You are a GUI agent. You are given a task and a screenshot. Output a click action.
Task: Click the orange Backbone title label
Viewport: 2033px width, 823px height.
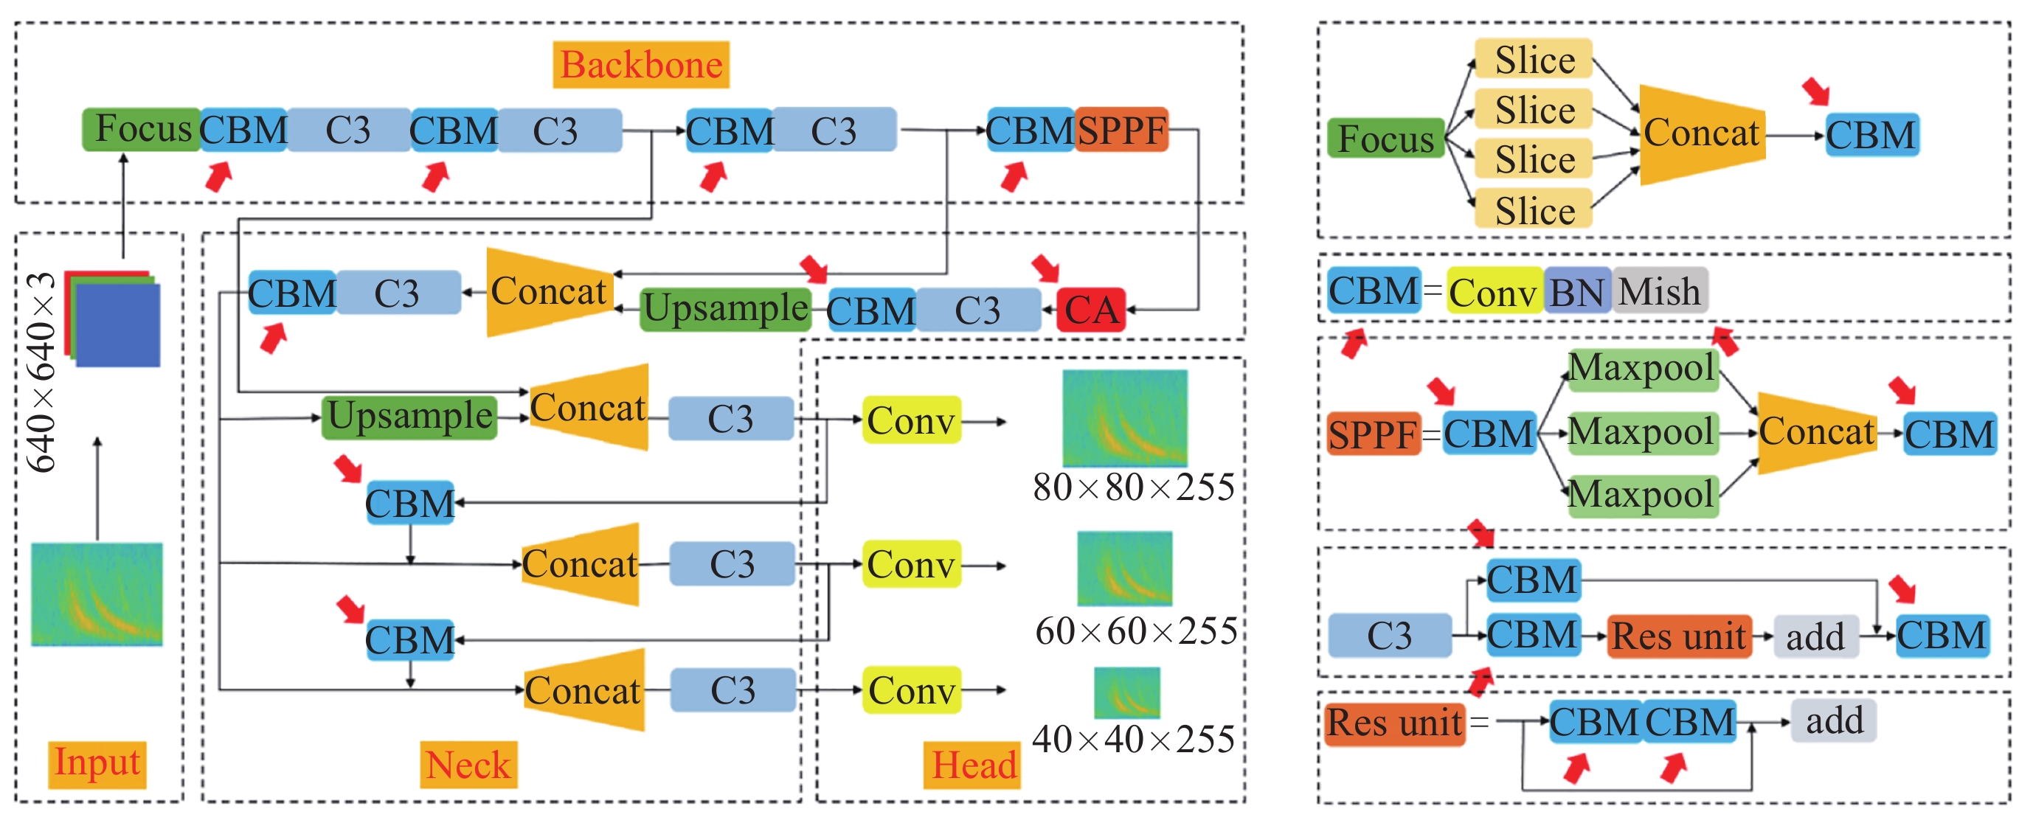click(640, 65)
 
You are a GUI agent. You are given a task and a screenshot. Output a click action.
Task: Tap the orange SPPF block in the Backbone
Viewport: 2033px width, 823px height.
click(1121, 131)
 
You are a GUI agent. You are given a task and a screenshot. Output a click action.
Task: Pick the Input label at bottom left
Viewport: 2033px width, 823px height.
click(97, 764)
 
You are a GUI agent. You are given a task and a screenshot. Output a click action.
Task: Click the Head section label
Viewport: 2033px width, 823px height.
click(973, 765)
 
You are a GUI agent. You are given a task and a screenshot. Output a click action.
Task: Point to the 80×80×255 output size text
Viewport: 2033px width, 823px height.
click(1133, 487)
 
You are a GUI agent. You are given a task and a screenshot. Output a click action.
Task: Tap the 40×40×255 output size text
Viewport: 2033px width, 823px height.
click(1133, 740)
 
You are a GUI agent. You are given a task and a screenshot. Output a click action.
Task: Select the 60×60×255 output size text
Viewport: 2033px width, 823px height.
click(1136, 631)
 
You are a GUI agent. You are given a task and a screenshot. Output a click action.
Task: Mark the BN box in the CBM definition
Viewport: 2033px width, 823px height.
click(1577, 292)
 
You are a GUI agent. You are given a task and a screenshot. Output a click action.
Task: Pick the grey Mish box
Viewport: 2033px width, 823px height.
click(1660, 291)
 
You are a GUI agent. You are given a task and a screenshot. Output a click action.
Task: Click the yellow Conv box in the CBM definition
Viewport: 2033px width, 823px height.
click(1492, 293)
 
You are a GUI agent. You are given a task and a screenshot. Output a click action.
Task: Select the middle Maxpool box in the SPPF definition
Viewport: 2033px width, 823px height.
click(1641, 432)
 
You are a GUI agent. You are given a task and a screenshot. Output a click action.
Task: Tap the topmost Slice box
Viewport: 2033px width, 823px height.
click(1534, 60)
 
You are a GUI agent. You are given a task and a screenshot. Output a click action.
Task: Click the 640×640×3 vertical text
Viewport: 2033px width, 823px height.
click(41, 372)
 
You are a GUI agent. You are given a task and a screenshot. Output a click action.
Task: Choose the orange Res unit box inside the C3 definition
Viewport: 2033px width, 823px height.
click(1679, 636)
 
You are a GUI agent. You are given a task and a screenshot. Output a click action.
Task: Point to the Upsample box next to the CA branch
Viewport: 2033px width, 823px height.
click(725, 308)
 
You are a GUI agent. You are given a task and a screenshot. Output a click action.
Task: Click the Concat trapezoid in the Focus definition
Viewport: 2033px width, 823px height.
click(1702, 133)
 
